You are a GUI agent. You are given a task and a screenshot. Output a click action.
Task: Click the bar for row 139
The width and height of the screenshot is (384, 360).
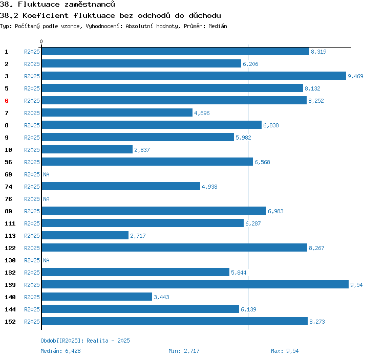195,285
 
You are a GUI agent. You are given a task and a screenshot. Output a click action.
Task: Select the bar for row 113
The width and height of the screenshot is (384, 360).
85,236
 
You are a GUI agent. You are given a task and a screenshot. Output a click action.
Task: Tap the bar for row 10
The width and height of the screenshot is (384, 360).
87,150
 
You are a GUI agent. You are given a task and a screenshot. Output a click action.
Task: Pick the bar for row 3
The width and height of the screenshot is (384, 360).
194,76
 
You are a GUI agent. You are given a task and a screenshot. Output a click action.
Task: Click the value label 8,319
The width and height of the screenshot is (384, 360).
318,52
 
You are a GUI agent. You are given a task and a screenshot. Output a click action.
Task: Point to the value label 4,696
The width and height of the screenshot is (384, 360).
202,113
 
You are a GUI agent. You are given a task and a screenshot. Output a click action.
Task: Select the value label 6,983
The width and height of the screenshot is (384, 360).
275,211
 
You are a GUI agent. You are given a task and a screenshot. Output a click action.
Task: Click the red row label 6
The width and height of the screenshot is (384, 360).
7,101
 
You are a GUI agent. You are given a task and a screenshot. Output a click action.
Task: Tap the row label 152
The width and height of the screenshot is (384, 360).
10,322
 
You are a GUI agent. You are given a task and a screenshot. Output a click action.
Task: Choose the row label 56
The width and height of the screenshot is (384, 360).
8,162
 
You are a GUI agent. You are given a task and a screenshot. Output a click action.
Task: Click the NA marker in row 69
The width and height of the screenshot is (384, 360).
46,174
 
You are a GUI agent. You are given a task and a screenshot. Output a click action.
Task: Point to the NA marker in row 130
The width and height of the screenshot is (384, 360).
46,260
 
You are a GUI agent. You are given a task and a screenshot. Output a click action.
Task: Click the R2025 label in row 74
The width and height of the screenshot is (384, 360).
32,187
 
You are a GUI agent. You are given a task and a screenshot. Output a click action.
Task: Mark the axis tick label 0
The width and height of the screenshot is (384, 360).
41,41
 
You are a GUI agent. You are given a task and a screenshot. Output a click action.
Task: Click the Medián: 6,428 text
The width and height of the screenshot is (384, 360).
60,351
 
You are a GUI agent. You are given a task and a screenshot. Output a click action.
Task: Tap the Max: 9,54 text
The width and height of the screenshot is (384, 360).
285,351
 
